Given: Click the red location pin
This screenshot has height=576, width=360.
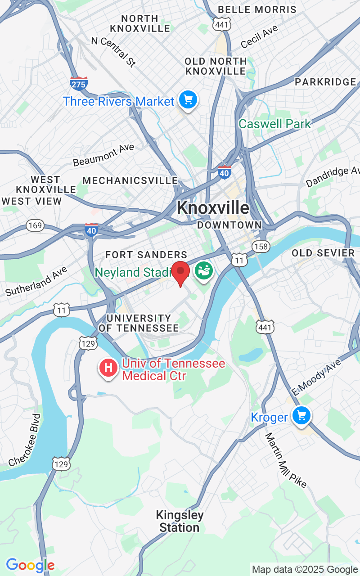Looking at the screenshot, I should click(181, 272).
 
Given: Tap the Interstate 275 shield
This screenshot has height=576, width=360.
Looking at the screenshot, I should click(79, 83).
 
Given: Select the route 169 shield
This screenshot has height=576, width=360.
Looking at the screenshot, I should click(35, 225).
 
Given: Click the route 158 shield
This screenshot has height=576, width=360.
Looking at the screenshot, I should click(261, 246).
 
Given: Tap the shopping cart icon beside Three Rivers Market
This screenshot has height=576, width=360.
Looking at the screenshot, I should click(188, 100).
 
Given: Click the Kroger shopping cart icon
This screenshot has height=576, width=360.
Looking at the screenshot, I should click(301, 416).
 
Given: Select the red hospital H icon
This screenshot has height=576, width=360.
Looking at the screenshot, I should click(108, 368).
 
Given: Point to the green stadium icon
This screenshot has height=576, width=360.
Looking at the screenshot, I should click(204, 271).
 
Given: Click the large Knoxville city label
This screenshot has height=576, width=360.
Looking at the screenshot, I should click(213, 207).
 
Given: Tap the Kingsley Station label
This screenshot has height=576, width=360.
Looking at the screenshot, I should click(180, 521).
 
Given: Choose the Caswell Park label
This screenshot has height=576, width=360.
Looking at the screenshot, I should click(274, 124).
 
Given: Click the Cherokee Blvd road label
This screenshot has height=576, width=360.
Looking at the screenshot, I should click(25, 440).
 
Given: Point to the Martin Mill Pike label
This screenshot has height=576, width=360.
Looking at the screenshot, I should click(285, 460).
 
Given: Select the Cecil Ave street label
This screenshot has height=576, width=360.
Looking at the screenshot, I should click(259, 37).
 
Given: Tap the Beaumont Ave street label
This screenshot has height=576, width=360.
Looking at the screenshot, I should click(103, 155).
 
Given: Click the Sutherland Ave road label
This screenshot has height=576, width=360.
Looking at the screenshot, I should click(36, 281).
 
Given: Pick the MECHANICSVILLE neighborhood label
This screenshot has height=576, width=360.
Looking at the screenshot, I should click(130, 180).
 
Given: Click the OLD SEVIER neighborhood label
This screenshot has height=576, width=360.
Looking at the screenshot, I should click(323, 253).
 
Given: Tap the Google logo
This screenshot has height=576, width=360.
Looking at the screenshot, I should click(30, 565).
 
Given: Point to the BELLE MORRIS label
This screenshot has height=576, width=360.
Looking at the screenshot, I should click(257, 9).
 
